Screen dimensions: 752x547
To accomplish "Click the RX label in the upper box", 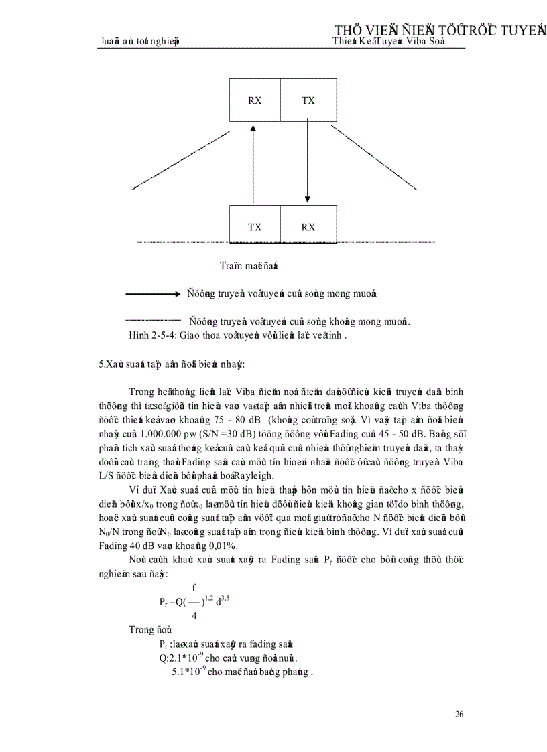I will [x=255, y=100].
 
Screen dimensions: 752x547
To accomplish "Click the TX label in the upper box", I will [x=308, y=100].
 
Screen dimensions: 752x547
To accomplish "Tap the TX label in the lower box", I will [x=255, y=227].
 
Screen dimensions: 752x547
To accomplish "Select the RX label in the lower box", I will [x=308, y=227].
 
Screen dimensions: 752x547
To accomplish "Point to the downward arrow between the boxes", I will [x=308, y=161].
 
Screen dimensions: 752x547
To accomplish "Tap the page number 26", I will [x=459, y=715].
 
